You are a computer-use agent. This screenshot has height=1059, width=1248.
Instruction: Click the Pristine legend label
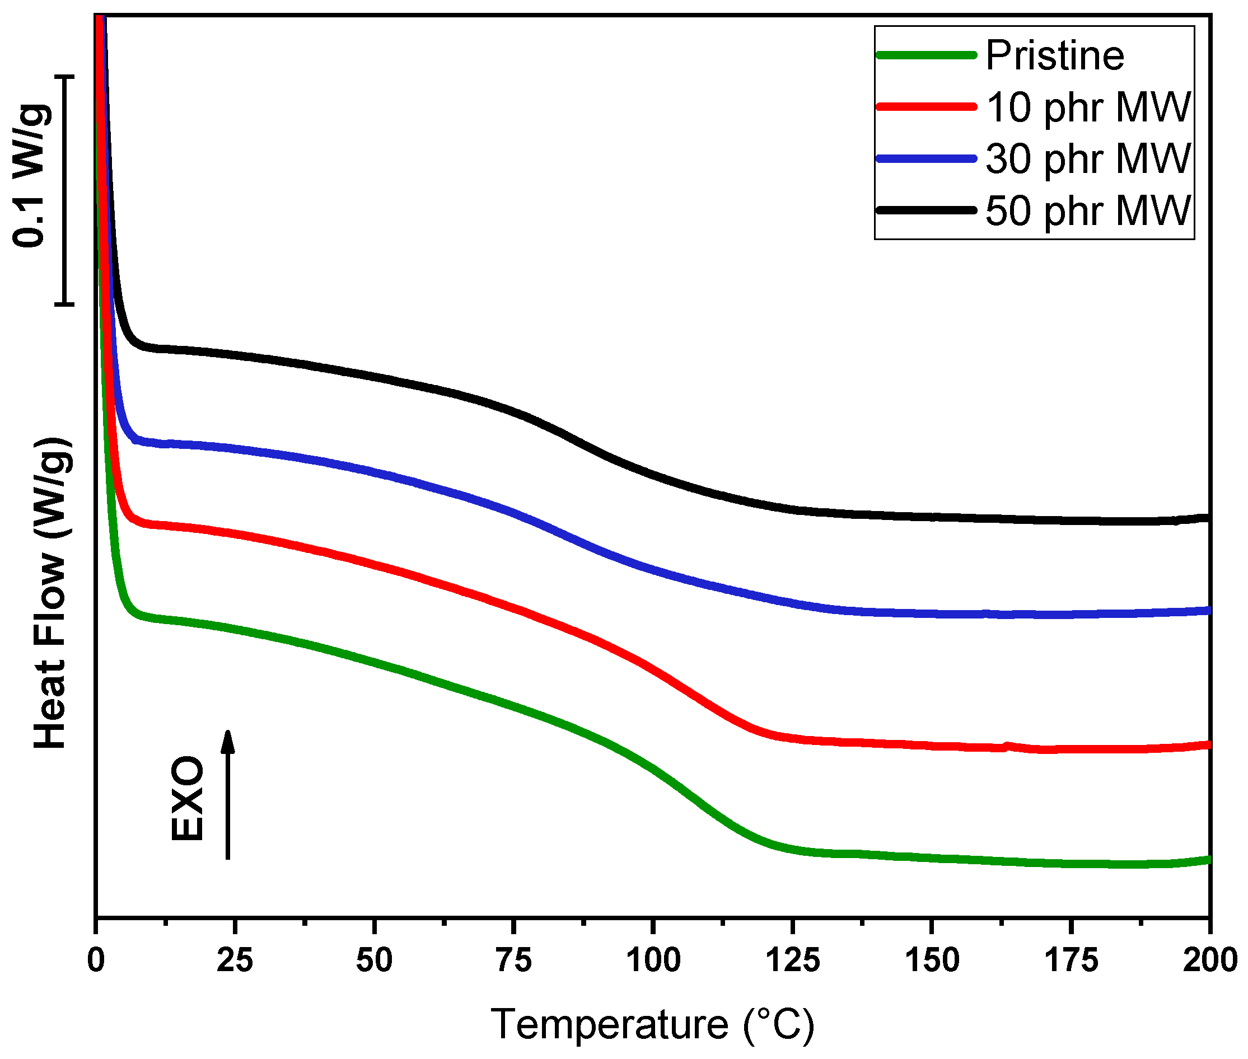point(1054,56)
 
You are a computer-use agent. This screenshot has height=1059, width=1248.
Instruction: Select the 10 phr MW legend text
point(1088,108)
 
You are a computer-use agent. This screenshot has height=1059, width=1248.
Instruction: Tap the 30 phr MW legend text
point(1088,160)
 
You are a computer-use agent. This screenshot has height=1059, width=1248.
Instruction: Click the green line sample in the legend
point(926,55)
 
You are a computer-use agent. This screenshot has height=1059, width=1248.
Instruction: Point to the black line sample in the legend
point(926,210)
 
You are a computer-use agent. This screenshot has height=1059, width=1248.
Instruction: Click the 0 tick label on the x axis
point(96,959)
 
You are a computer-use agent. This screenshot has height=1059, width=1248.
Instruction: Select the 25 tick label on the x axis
point(235,959)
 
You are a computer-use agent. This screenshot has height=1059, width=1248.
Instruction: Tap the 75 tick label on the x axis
point(513,959)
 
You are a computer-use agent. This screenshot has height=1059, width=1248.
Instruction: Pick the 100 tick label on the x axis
point(653,959)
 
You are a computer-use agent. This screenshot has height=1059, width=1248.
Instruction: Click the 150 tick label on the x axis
point(932,959)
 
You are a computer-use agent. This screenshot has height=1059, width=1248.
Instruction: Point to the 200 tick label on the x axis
point(1208,959)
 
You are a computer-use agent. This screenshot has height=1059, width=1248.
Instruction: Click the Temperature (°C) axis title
point(653,1024)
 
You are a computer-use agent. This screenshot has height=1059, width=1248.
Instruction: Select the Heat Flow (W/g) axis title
point(50,593)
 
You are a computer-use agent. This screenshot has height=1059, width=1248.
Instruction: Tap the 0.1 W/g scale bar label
point(30,176)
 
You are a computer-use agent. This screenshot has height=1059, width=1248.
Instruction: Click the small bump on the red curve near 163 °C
point(1007,746)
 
